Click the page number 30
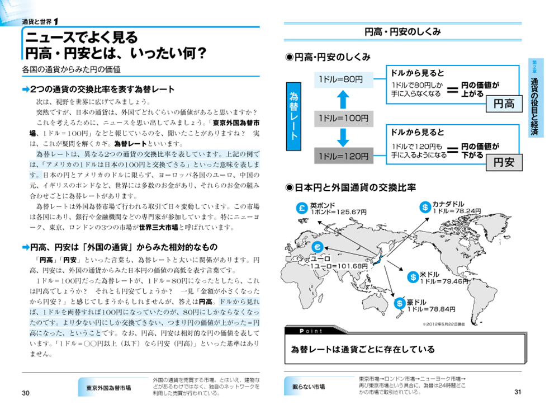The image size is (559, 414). pyautogui.click(x=25, y=393)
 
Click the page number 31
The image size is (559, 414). pyautogui.click(x=518, y=392)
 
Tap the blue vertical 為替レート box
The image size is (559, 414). pyautogui.click(x=294, y=117)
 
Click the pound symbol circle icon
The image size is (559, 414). pyautogui.click(x=301, y=208)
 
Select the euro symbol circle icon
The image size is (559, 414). pyautogui.click(x=317, y=249)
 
